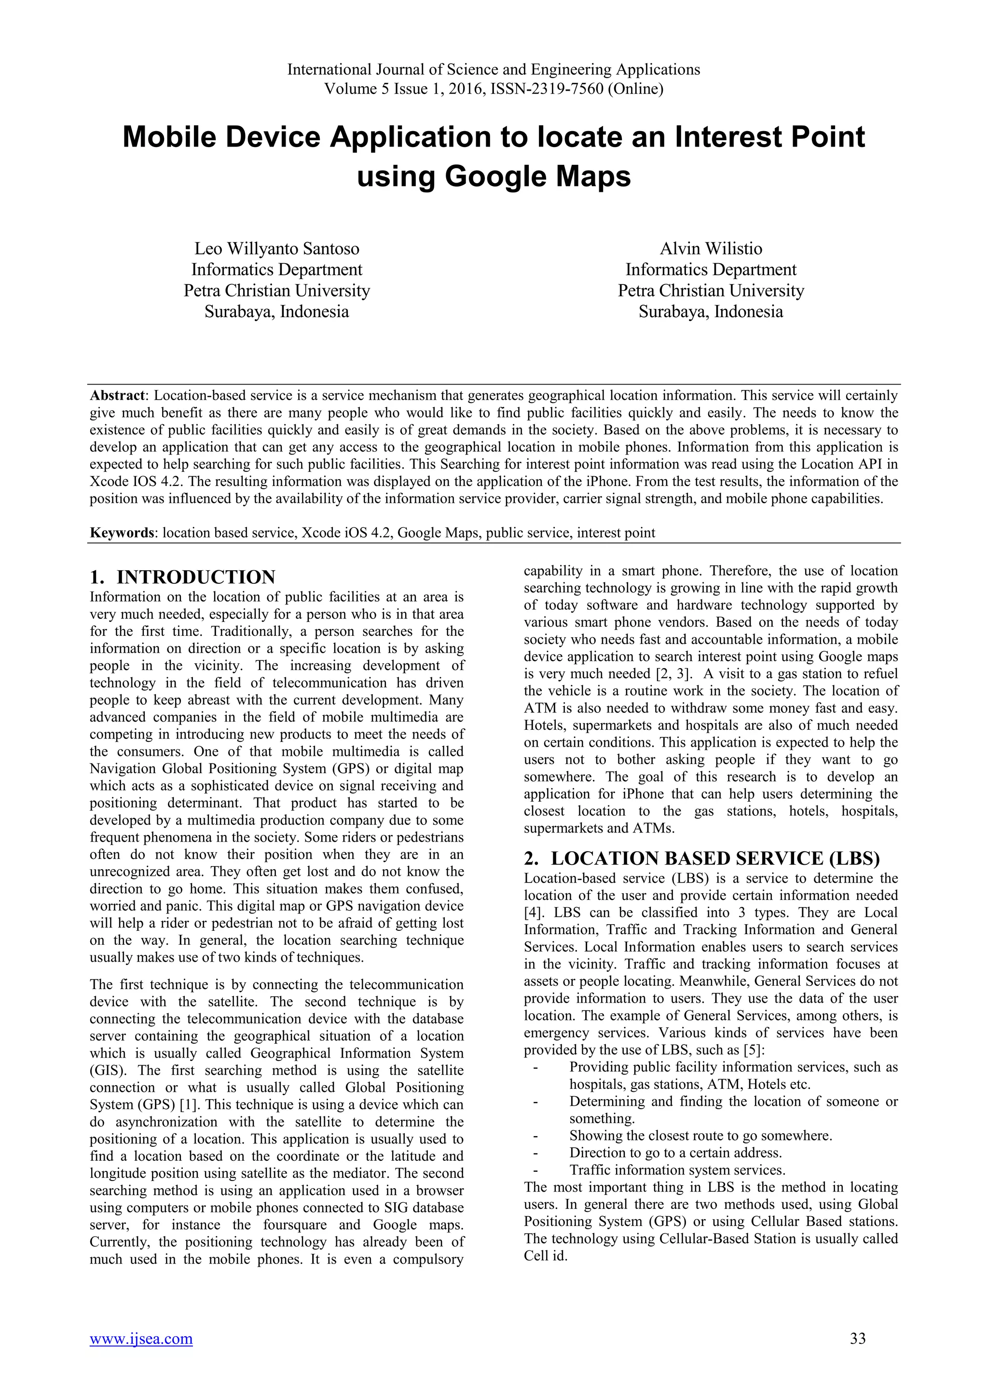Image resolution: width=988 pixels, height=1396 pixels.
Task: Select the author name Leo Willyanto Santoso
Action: click(x=277, y=249)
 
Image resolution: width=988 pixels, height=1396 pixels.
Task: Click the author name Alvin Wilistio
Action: click(x=711, y=249)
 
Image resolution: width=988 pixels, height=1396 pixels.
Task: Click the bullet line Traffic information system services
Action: click(x=677, y=1170)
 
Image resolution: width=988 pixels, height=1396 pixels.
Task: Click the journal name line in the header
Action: click(x=494, y=69)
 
